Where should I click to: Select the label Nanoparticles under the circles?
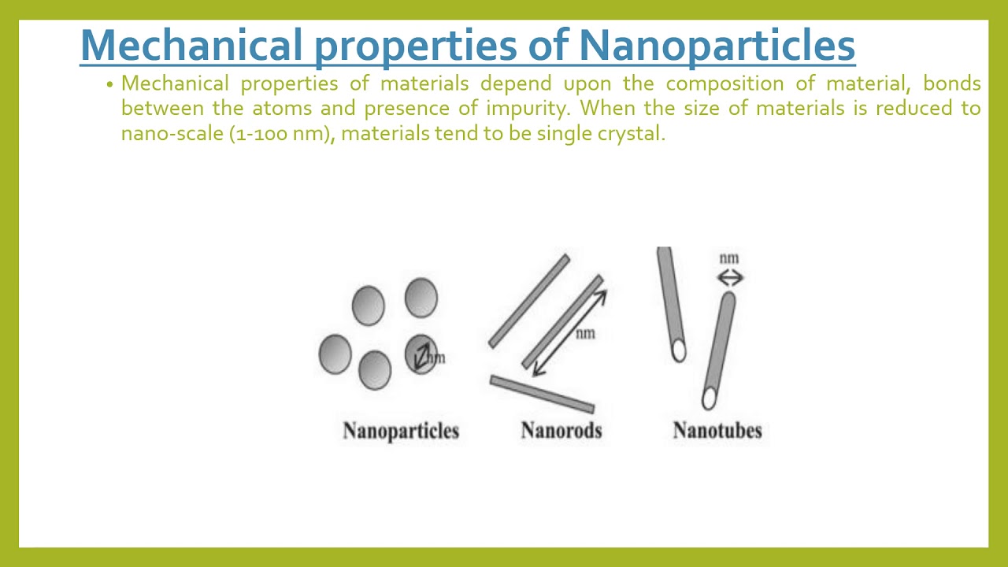click(x=401, y=431)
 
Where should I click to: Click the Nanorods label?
click(x=561, y=431)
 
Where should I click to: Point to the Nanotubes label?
click(x=717, y=431)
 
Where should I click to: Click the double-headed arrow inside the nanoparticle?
click(x=422, y=356)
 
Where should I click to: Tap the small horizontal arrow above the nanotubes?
click(x=730, y=277)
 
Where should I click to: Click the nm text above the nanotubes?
click(x=729, y=258)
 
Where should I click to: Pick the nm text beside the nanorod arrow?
click(x=585, y=334)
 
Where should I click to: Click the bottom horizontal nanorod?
click(x=542, y=394)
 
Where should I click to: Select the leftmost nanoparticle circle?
click(x=335, y=354)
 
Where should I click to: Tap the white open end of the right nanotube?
click(x=709, y=399)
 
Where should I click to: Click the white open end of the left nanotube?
click(x=679, y=351)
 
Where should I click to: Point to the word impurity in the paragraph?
click(x=527, y=108)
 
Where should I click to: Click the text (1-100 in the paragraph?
click(x=258, y=133)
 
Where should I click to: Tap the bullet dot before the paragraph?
click(x=110, y=84)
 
